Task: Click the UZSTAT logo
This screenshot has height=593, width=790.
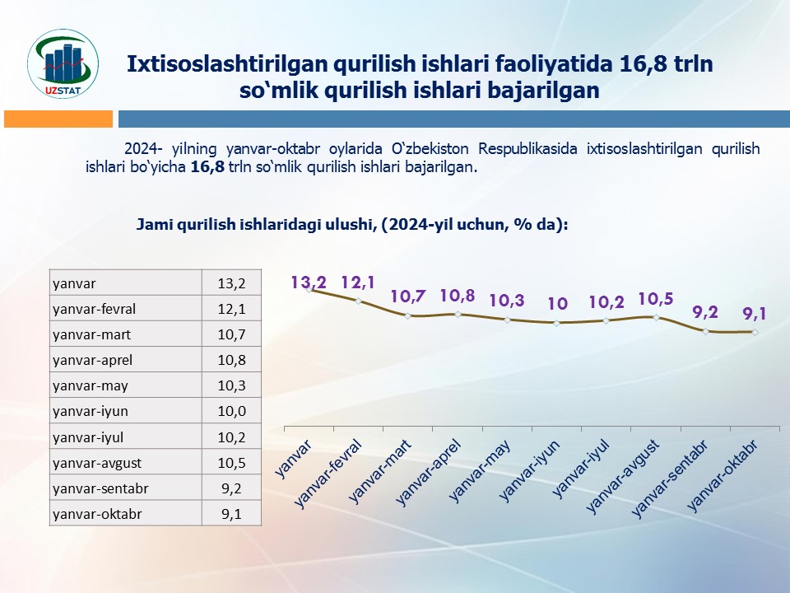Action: pyautogui.click(x=63, y=64)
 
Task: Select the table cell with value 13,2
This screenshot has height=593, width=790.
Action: pyautogui.click(x=232, y=283)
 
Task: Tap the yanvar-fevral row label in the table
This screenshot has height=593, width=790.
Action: pyautogui.click(x=94, y=309)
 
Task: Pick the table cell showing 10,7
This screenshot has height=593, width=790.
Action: pyautogui.click(x=232, y=334)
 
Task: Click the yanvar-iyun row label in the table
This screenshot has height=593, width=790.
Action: pyautogui.click(x=90, y=411)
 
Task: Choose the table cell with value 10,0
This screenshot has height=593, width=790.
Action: pyautogui.click(x=232, y=411)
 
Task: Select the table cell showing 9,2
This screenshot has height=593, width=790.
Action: pyautogui.click(x=232, y=488)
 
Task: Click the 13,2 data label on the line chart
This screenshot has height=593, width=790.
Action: pyautogui.click(x=309, y=282)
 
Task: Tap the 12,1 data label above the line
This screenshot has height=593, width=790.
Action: pyautogui.click(x=358, y=282)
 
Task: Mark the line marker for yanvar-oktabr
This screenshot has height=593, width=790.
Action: pyautogui.click(x=755, y=332)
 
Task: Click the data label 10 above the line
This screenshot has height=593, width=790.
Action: pyautogui.click(x=557, y=304)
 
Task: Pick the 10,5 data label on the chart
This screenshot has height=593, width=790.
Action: pyautogui.click(x=656, y=298)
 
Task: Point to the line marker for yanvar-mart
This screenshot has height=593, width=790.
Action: pyautogui.click(x=409, y=315)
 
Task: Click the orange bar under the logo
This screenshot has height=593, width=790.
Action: pyautogui.click(x=58, y=119)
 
